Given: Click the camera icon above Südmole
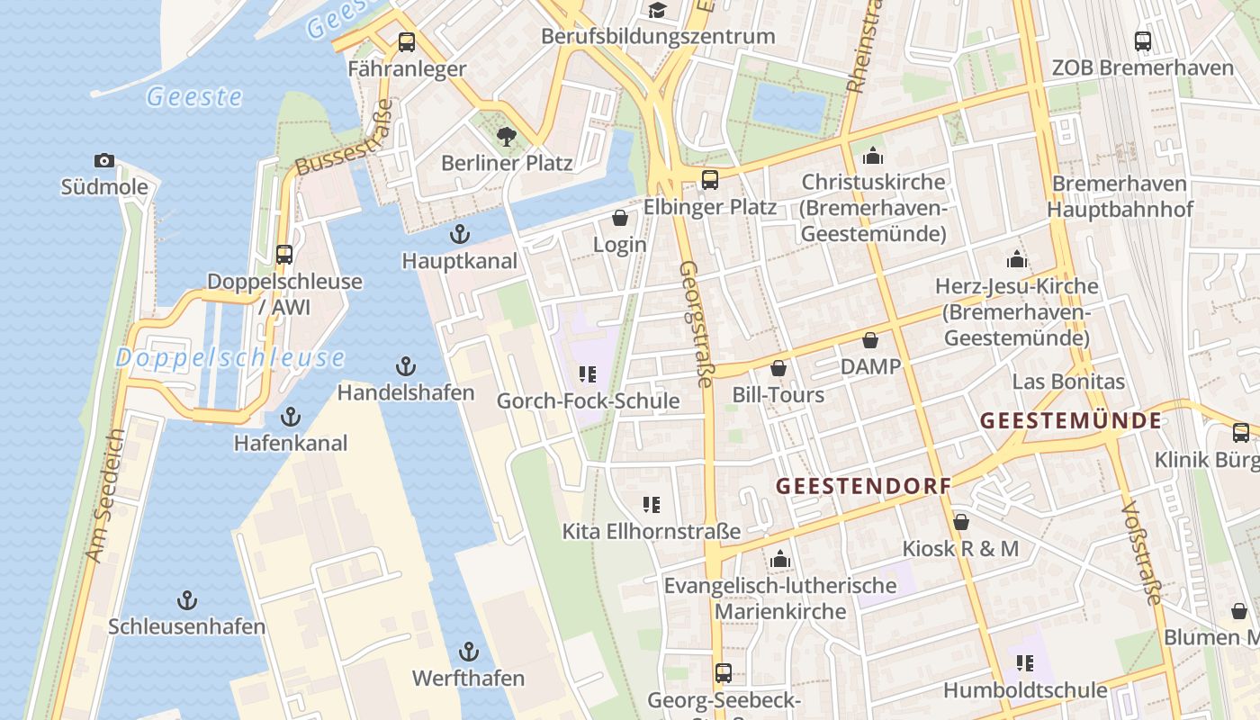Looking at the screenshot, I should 104,161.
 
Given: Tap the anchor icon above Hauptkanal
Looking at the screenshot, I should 460,234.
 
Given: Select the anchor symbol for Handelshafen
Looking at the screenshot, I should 406,366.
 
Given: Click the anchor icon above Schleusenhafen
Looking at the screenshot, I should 187,599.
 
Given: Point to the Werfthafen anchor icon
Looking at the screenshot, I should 468,651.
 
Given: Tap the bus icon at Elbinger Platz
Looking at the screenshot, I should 710,180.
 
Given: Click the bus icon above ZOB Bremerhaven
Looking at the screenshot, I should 1143,40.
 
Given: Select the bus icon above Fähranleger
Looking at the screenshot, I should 407,41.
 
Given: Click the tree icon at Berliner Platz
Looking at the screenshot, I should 507,137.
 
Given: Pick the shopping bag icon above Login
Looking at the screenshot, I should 620,218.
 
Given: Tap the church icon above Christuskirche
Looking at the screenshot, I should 873,156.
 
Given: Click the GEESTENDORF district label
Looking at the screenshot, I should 863,486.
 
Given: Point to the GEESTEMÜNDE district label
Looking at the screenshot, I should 1070,420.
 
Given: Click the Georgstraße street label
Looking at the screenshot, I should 695,324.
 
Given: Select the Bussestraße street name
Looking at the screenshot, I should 345,138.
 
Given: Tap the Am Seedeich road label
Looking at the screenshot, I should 105,496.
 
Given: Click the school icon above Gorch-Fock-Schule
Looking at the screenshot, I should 588,374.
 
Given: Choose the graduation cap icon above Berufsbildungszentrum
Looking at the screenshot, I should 658,10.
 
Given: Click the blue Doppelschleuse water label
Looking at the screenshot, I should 229,358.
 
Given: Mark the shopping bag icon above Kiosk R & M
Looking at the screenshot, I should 961,522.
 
